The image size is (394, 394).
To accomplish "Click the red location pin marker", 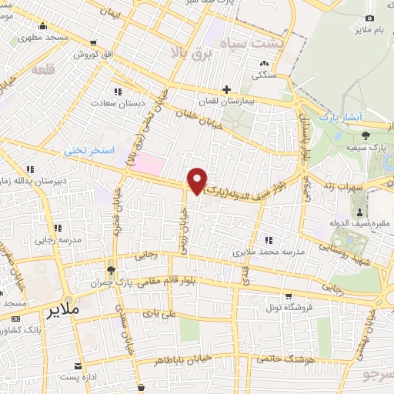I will (198, 180).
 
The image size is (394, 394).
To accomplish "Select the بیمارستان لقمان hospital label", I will (239, 102).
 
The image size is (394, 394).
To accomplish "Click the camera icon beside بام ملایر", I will (370, 18).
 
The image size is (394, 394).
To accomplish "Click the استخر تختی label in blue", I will (88, 152).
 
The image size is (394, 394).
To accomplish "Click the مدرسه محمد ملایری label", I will (269, 251).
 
